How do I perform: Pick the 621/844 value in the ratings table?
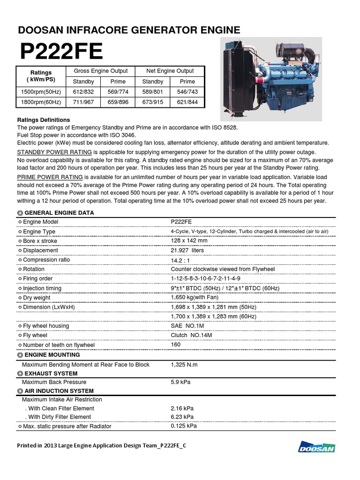pos(187,102)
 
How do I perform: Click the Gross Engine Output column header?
pos(101,71)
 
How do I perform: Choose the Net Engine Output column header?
pos(170,71)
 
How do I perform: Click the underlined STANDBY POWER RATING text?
pos(54,152)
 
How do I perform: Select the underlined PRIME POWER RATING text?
pos(50,177)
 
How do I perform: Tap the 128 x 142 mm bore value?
pos(189,240)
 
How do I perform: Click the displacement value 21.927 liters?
pos(187,250)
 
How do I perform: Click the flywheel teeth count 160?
pos(176,345)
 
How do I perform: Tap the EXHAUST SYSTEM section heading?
pos(51,374)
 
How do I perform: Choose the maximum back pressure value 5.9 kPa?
pos(180,382)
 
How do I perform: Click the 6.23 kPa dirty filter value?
pos(182,417)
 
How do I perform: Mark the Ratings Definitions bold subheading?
pos(44,120)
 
